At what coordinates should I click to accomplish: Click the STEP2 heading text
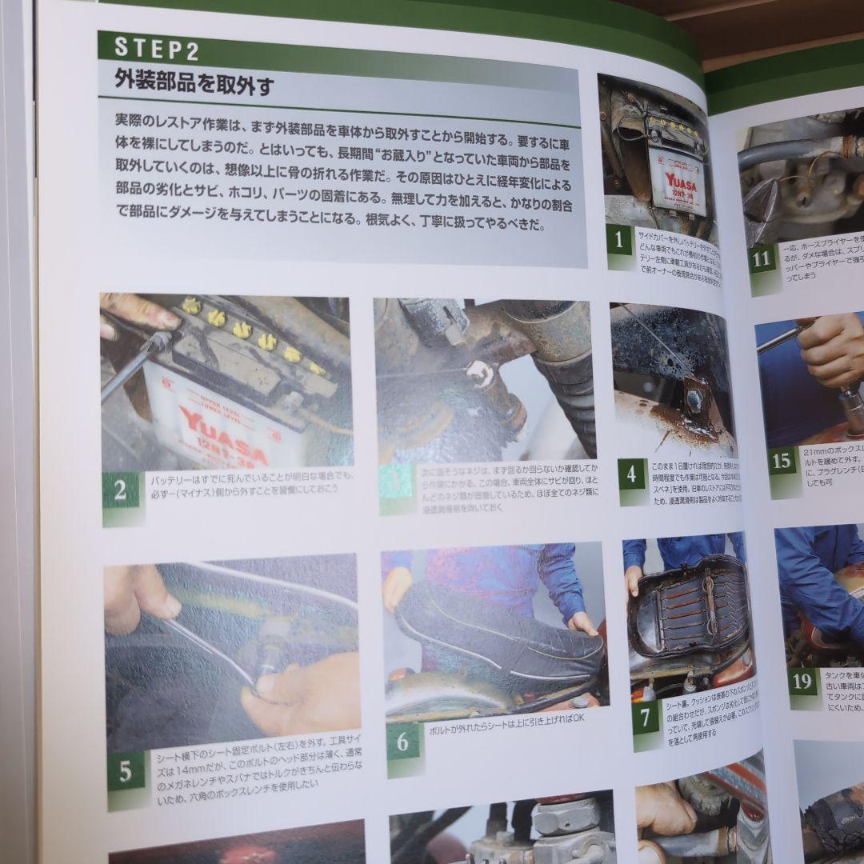tap(157, 47)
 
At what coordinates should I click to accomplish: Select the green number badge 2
tap(120, 490)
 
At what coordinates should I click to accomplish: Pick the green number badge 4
tap(631, 475)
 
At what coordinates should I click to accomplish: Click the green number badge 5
tap(126, 771)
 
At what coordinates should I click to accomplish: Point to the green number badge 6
tap(402, 742)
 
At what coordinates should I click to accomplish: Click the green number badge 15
tap(782, 462)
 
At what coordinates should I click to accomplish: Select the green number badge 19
tap(802, 682)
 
